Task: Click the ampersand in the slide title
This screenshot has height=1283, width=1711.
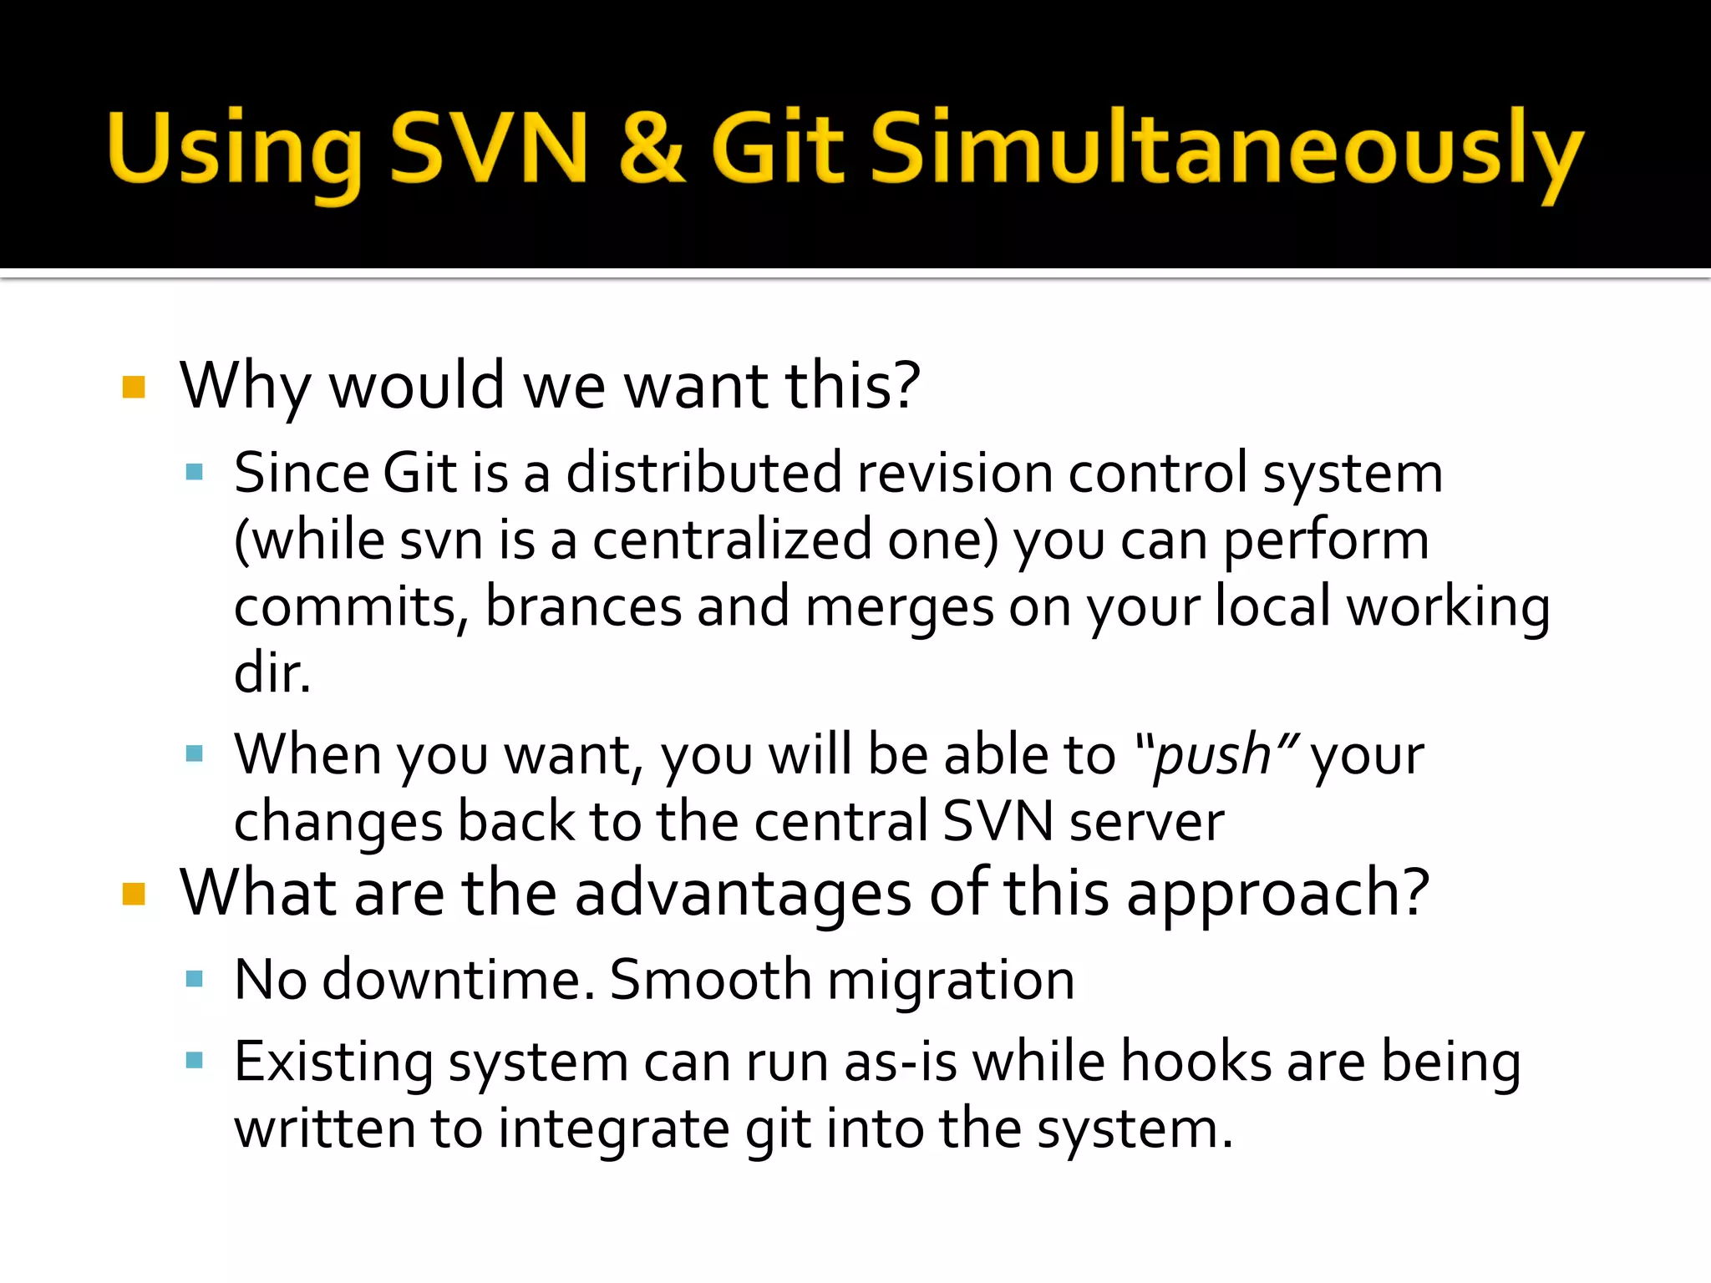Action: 652,149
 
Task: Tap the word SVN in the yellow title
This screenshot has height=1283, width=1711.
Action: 490,149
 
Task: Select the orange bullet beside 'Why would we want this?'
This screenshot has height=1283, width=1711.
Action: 134,387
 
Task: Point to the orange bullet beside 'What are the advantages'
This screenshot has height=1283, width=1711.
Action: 134,894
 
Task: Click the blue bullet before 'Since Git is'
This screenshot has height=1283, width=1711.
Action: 195,473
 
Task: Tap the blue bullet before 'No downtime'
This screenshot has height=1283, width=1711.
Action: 195,979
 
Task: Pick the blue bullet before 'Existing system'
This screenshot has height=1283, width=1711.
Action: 195,1061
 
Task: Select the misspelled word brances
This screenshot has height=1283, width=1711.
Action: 583,606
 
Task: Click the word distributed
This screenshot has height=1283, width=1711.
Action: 703,473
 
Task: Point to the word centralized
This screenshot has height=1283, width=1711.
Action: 732,540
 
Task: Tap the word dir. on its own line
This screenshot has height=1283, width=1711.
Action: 272,672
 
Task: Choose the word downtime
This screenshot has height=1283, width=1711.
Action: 458,979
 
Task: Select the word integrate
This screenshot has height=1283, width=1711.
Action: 614,1129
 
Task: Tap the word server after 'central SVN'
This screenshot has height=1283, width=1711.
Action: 1146,822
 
